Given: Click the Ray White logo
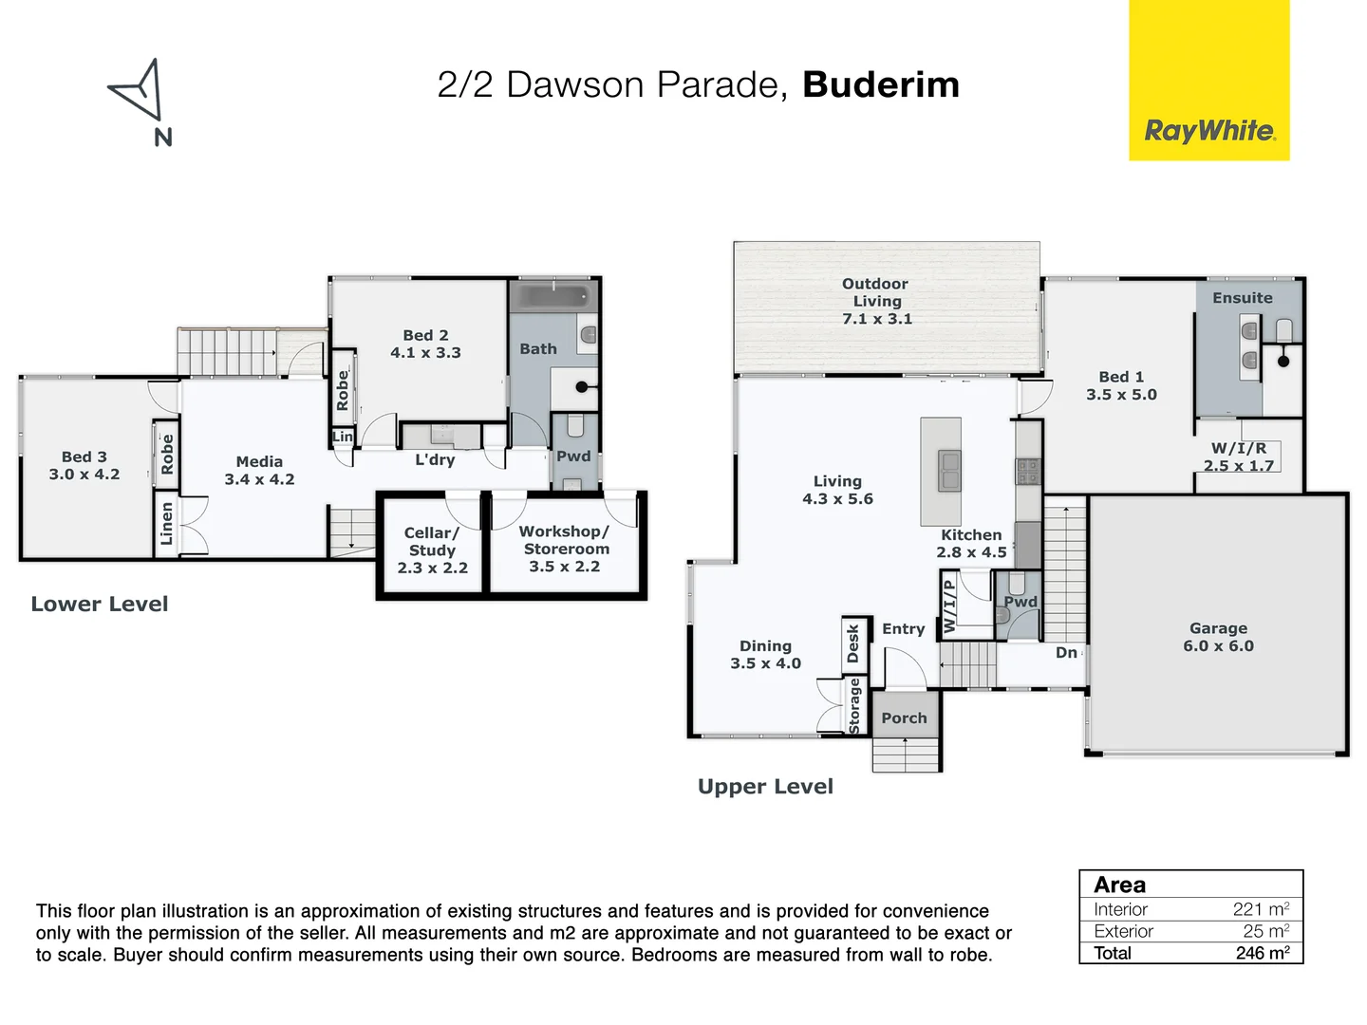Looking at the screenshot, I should pos(1209,130).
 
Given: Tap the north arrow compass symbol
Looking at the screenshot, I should pos(139,92).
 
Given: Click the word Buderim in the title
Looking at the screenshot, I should pos(880,84).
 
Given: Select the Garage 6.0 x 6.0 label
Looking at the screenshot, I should pos(1218,637).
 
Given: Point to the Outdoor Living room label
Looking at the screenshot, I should pos(875,301).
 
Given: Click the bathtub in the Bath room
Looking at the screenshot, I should pos(553,297).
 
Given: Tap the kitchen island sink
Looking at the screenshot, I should pos(948,471).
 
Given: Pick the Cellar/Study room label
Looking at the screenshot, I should pos(432,550).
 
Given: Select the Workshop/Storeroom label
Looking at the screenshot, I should pos(565,549).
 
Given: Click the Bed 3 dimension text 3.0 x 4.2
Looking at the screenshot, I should pos(84,475).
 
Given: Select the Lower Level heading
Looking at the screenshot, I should pos(100,605).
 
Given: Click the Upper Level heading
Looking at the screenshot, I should pos(765,787).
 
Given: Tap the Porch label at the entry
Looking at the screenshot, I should pos(904,718).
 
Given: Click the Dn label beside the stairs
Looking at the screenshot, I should pos(1066,653).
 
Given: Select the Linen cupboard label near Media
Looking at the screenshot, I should pos(167,524).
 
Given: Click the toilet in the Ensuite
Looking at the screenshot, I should pos(1284,330).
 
